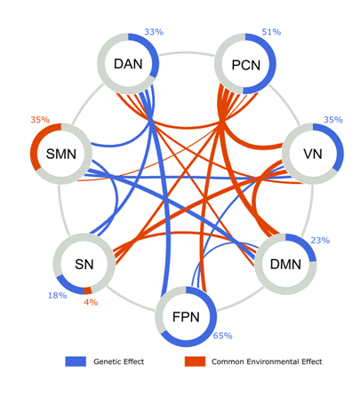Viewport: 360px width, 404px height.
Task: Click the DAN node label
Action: (x=128, y=64)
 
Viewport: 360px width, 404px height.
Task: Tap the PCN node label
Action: (x=246, y=65)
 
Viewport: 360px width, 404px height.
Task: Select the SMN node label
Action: (x=61, y=154)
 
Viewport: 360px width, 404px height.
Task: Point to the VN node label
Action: (x=313, y=154)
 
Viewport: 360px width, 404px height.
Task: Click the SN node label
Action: (x=84, y=265)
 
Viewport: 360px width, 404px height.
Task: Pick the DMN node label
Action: (x=285, y=265)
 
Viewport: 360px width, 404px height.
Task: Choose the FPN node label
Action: (x=186, y=317)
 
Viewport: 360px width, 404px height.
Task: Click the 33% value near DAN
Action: (x=154, y=32)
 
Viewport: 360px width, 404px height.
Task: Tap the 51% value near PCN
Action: (x=271, y=32)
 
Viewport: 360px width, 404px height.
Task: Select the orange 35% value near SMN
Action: (x=40, y=120)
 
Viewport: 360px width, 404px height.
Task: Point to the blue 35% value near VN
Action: (x=333, y=120)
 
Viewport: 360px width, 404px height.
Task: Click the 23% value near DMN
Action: (x=320, y=241)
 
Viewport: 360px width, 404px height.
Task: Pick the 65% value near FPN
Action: (x=222, y=336)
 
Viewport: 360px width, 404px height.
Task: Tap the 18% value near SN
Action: (x=58, y=296)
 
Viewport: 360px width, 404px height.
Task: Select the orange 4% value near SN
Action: (x=91, y=302)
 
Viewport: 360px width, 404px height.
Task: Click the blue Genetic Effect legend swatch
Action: (x=76, y=361)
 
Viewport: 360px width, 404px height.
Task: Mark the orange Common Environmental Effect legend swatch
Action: (x=195, y=361)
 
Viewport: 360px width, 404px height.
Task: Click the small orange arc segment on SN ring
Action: (x=88, y=290)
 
